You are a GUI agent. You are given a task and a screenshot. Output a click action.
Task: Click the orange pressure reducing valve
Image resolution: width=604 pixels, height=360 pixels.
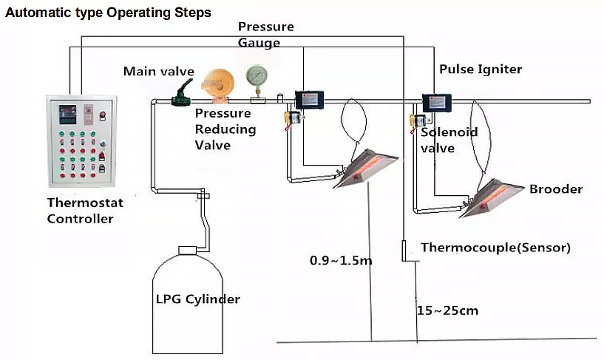[218, 86]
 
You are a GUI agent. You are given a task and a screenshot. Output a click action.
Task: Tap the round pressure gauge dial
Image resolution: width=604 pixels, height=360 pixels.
[257, 75]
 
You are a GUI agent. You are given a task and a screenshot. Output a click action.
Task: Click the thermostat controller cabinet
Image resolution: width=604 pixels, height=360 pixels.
[81, 140]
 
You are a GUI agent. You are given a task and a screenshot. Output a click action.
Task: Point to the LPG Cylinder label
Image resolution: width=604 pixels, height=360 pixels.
[197, 299]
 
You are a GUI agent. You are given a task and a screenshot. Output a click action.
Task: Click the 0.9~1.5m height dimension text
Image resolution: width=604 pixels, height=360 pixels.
[341, 261]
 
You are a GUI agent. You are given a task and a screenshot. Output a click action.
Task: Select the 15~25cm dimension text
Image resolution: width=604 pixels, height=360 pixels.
[447, 310]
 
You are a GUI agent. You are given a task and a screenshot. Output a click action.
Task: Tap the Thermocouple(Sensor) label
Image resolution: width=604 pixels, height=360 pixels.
[495, 247]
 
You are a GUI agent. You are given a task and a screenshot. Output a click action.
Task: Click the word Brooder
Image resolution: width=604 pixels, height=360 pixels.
[556, 189]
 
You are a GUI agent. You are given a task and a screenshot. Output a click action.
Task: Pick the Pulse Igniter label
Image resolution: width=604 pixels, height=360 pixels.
[481, 69]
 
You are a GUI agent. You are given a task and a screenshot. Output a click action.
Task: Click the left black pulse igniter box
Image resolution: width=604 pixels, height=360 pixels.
[309, 100]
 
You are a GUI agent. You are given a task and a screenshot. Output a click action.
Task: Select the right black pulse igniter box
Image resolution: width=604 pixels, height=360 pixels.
[437, 103]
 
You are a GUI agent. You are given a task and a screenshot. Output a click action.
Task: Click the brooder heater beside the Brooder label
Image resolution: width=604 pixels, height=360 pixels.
[491, 198]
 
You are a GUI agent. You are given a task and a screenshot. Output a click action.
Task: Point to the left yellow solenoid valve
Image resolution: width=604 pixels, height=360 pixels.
[293, 118]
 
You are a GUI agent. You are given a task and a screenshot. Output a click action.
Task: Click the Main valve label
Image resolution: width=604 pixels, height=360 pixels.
[159, 71]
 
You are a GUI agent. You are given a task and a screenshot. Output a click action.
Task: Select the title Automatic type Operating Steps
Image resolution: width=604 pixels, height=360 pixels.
[108, 13]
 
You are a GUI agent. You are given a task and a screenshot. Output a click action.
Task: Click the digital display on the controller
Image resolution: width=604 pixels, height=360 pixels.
[67, 114]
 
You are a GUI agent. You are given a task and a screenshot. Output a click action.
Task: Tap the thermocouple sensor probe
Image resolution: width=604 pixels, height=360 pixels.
[404, 251]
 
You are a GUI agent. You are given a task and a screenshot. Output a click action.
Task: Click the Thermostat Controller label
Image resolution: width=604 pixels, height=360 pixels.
[85, 211]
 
